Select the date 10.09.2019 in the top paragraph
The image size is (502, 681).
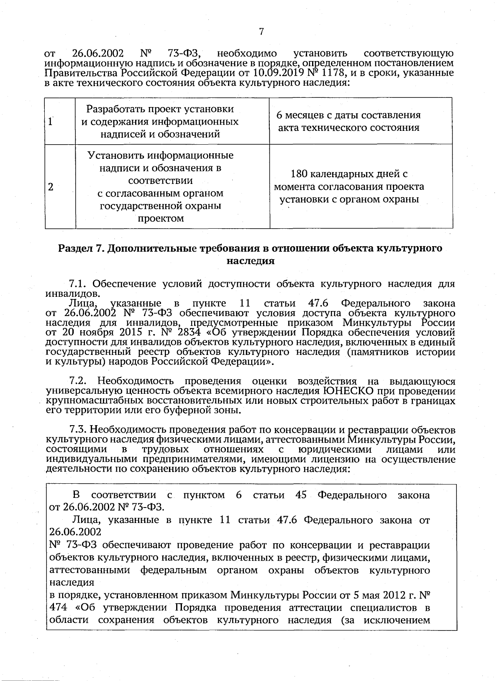[x=273, y=73]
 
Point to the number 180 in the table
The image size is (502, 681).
[x=300, y=174]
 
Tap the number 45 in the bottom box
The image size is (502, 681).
[x=301, y=495]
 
